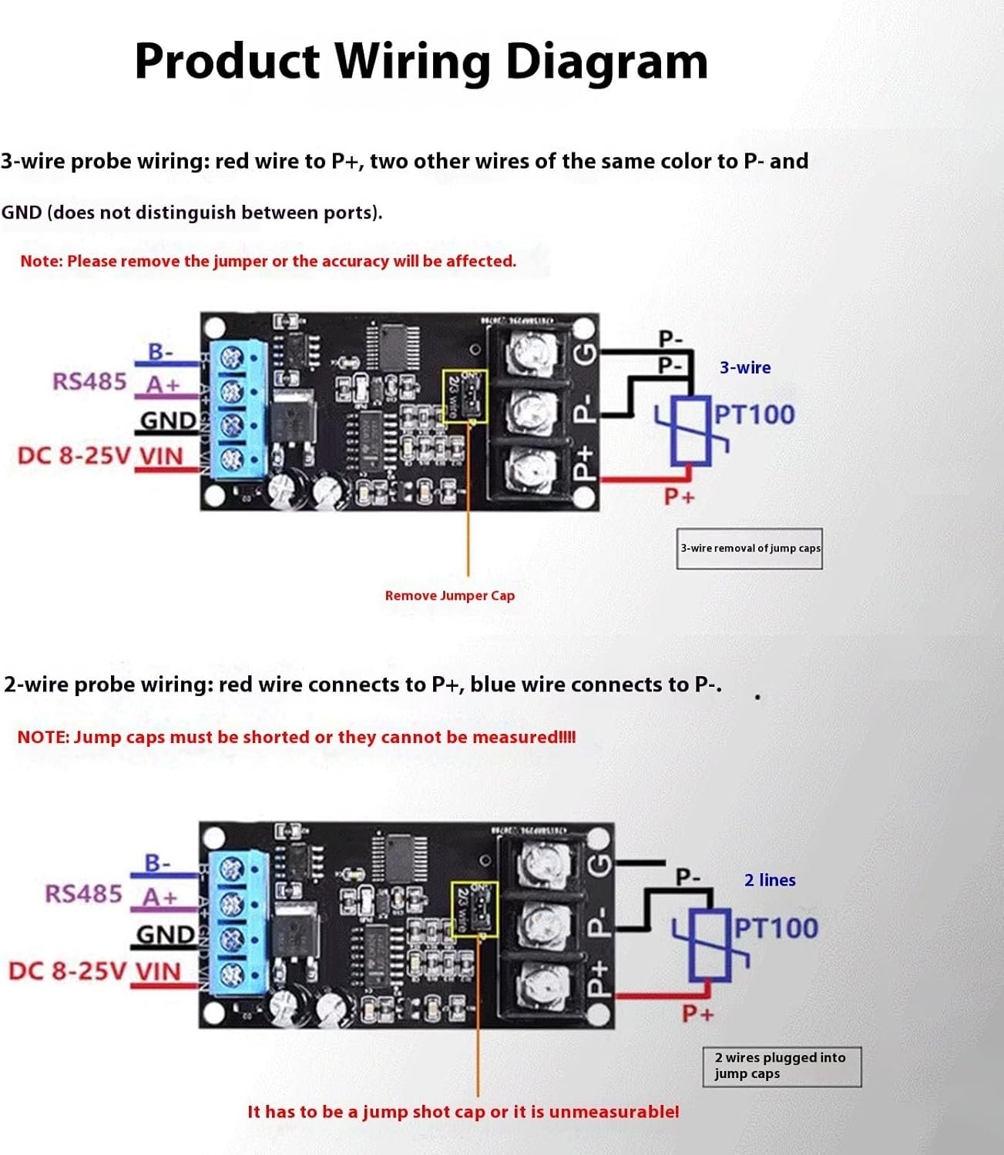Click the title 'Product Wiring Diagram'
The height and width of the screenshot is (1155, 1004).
point(421,62)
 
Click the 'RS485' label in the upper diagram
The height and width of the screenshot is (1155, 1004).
point(89,381)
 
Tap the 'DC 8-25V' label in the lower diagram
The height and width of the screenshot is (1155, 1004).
point(67,970)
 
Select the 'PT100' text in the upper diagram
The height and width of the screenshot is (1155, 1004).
point(754,415)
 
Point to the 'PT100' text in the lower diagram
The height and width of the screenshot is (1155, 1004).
point(776,929)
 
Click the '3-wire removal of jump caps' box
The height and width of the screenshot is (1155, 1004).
point(750,548)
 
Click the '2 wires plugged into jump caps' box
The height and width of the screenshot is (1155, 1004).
point(781,1066)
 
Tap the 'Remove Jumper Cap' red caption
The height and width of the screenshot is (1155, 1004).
point(450,595)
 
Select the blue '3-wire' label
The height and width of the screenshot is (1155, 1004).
point(745,368)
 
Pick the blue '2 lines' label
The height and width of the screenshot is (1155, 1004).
point(770,880)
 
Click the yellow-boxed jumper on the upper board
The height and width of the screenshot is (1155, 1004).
point(465,396)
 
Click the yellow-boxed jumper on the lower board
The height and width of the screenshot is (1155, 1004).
point(475,909)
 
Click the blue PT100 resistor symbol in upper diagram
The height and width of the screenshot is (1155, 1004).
point(690,431)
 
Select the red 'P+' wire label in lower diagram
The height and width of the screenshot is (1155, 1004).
point(697,1013)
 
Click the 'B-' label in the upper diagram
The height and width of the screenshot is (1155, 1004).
point(161,353)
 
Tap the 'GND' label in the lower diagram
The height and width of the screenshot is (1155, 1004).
point(166,935)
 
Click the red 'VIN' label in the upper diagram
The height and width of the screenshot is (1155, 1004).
point(161,457)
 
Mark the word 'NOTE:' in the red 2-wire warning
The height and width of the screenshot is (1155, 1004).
point(43,737)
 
